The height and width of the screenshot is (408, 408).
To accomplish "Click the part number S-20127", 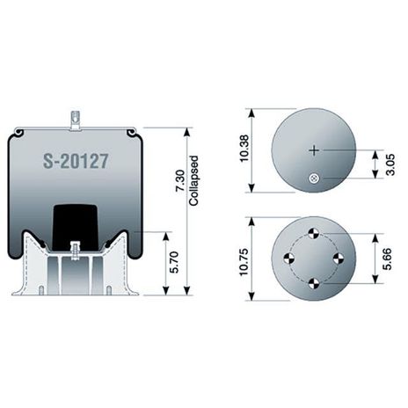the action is [x=76, y=161].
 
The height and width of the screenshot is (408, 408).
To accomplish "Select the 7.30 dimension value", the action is [x=180, y=181].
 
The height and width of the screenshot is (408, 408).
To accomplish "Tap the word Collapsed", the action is [x=193, y=180].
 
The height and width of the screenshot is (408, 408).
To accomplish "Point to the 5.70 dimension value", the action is [x=174, y=262].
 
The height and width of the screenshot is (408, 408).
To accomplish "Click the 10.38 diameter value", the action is [x=244, y=148].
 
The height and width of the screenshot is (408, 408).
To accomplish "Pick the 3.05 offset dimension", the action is [x=390, y=164].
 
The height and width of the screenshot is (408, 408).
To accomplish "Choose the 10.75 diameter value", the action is [x=244, y=262].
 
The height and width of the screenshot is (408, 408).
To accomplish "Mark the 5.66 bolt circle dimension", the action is [x=387, y=259].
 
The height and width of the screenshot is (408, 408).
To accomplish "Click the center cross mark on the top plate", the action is [x=314, y=150].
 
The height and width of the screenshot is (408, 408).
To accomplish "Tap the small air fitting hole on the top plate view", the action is [x=314, y=178].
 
